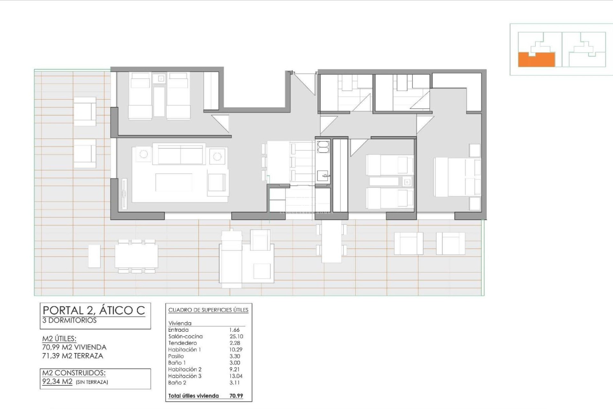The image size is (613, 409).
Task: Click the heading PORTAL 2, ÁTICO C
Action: (94, 310)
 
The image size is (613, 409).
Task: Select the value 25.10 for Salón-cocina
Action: (236, 336)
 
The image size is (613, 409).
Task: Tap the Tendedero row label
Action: (182, 343)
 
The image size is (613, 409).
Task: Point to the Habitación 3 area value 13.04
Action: (236, 376)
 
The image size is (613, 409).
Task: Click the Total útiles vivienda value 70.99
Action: (236, 396)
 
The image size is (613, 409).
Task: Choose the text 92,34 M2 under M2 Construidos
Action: (57, 382)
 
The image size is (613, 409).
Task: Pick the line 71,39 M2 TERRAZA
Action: (73, 356)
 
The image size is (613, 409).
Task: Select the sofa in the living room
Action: (180, 154)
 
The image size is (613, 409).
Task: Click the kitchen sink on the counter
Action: (323, 175)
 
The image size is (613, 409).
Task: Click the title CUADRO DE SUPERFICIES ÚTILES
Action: (208, 310)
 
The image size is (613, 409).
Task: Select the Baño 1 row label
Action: (177, 363)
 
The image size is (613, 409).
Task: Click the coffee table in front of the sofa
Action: (174, 182)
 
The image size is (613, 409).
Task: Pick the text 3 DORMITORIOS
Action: (69, 320)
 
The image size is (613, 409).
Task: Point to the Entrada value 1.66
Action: (234, 330)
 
